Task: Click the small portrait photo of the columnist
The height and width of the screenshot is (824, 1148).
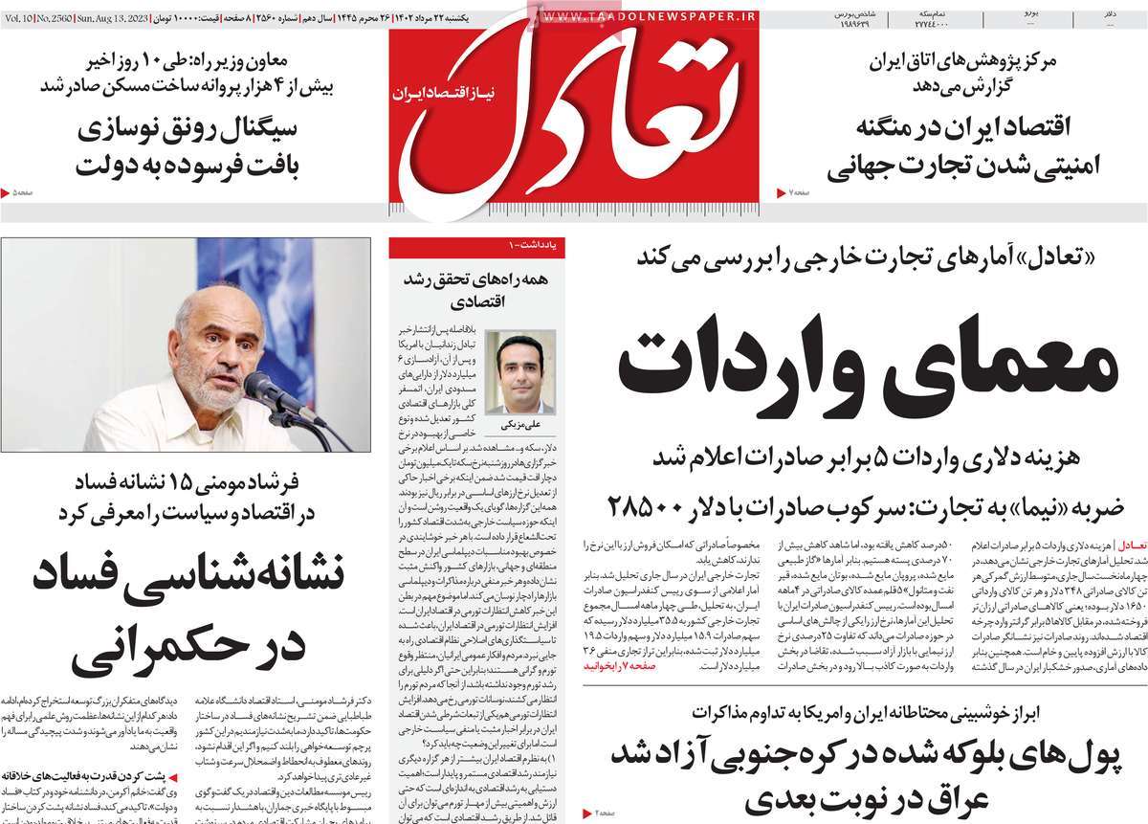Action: (519, 371)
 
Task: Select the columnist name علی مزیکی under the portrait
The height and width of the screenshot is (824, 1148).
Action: (519, 421)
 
